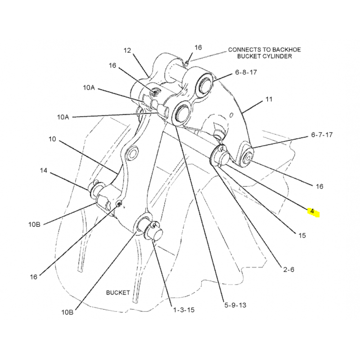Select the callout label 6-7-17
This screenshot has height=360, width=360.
321,135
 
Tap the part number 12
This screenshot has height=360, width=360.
127,50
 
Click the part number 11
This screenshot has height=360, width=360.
269,99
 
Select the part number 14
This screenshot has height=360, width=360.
44,171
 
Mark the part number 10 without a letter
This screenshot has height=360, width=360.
53,139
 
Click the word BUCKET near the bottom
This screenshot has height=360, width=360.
118,292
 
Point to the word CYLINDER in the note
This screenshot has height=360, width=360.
277,56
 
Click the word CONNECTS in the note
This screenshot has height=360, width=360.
243,49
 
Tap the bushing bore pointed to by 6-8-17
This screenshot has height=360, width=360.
206,85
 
